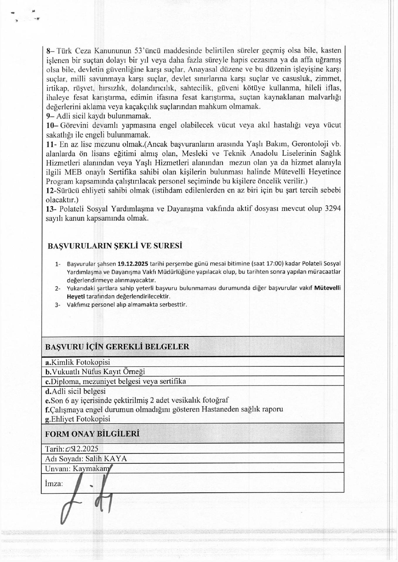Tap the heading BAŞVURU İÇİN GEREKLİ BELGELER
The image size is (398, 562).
point(117,347)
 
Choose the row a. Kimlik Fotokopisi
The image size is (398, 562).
point(78,362)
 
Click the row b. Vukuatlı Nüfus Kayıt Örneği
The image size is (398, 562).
point(95,372)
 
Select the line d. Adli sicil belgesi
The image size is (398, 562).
point(75,391)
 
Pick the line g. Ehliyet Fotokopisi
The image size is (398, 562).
point(78,419)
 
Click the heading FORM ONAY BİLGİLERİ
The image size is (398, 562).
point(92,434)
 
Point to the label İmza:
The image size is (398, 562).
point(54,483)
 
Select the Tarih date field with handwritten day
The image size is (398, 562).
point(72,449)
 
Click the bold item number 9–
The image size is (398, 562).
point(50,116)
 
